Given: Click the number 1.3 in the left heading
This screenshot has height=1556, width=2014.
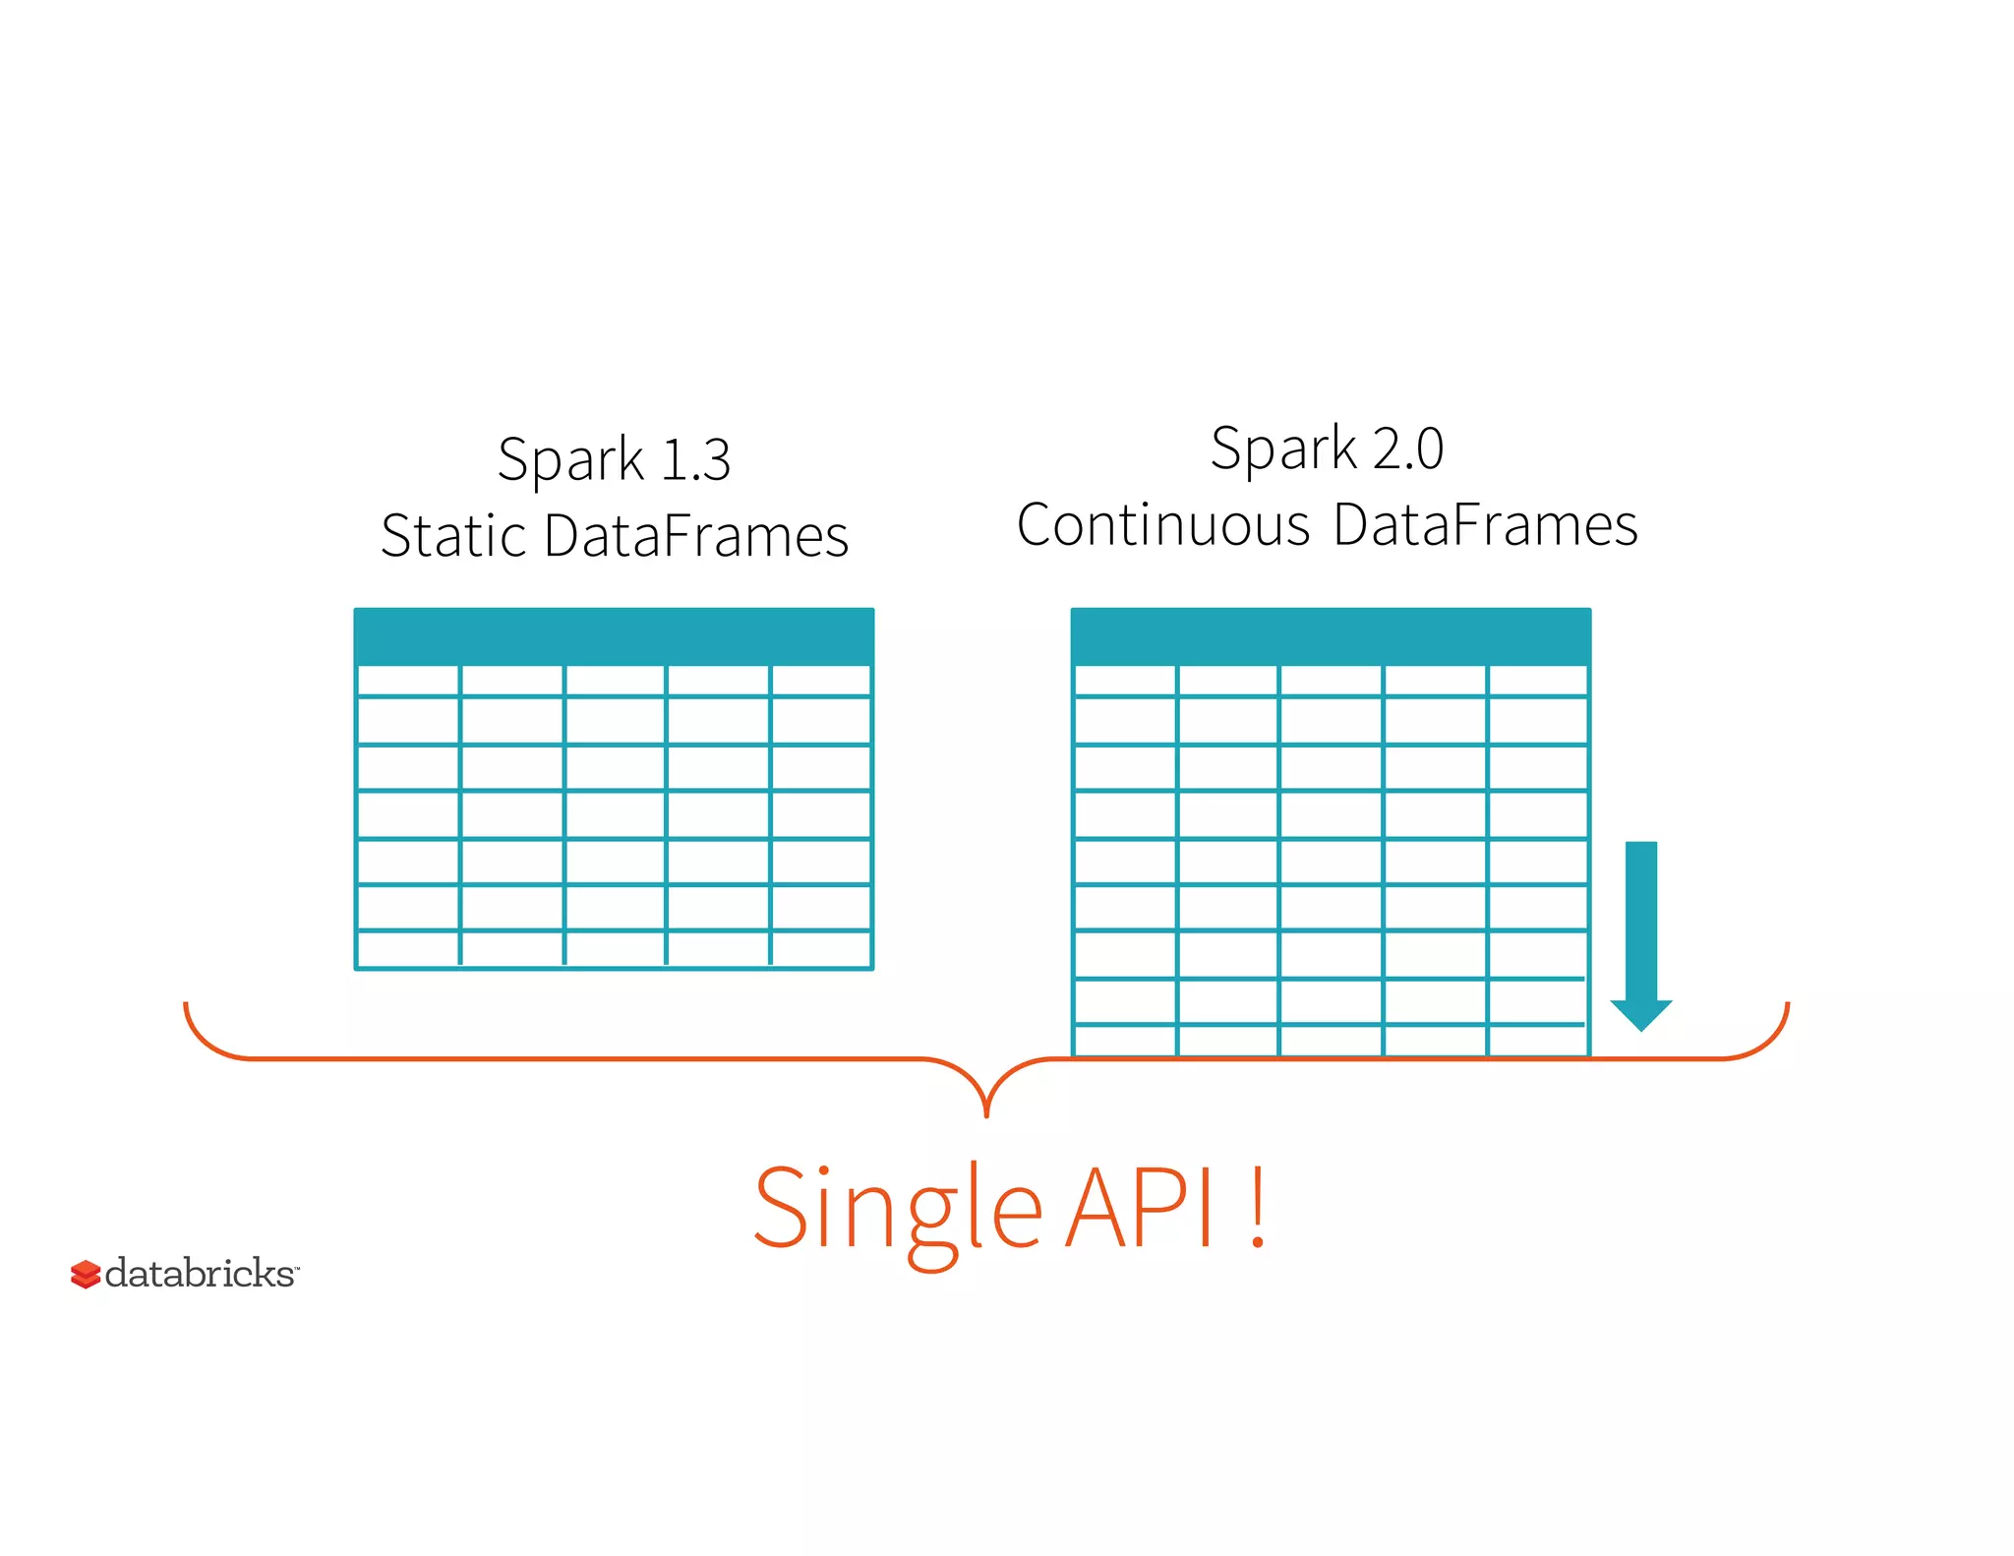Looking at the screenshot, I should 696,460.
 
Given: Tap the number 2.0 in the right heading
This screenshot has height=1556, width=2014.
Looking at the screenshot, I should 1407,449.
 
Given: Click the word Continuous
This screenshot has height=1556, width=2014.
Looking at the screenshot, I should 1163,525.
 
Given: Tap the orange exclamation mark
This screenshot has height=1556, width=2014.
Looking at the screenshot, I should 1258,1209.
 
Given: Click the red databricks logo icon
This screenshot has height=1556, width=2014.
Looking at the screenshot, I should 86,1274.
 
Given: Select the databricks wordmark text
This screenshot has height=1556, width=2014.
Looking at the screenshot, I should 200,1274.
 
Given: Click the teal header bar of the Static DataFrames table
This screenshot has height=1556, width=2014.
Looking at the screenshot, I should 614,636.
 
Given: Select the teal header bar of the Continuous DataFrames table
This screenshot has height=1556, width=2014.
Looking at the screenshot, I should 1330,636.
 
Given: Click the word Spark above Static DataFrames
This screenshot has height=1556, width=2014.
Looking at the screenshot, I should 570,460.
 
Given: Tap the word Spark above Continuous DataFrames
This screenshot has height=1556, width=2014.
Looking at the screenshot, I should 1283,449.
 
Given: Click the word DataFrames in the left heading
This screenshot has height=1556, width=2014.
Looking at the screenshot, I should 695,537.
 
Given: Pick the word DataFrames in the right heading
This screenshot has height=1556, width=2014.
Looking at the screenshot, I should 1485,525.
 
